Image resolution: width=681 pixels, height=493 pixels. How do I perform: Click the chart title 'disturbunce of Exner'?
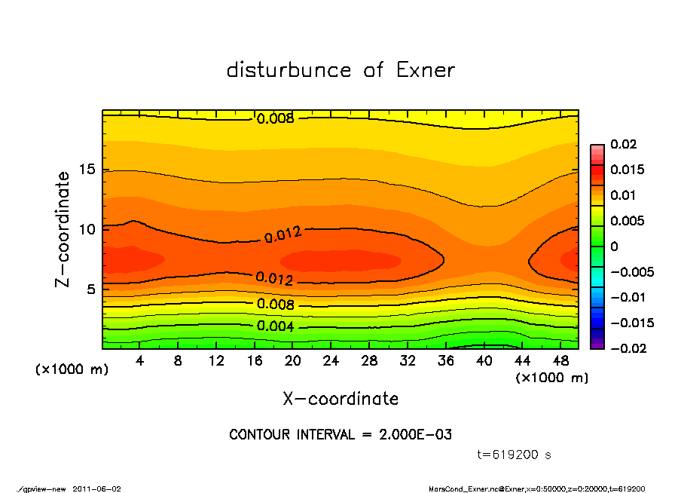pyautogui.click(x=340, y=70)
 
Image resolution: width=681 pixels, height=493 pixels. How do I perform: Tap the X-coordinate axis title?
pyautogui.click(x=340, y=399)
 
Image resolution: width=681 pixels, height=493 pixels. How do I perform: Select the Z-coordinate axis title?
pyautogui.click(x=63, y=229)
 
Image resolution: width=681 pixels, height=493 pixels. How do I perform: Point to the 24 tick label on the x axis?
pyautogui.click(x=331, y=361)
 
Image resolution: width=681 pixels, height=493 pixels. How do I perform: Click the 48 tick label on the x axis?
pyautogui.click(x=561, y=361)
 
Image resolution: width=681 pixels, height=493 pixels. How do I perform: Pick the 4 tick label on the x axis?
pyautogui.click(x=140, y=361)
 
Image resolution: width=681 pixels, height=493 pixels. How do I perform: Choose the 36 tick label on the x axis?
pyautogui.click(x=446, y=361)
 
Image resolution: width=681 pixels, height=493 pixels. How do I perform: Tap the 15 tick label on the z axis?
pyautogui.click(x=88, y=170)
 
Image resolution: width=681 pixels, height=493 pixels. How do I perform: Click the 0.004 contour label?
pyautogui.click(x=275, y=327)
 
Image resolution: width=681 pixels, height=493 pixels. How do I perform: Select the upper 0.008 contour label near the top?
pyautogui.click(x=276, y=119)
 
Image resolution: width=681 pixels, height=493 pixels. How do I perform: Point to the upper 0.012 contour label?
pyautogui.click(x=283, y=236)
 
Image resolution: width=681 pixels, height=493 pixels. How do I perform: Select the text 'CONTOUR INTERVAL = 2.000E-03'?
pyautogui.click(x=340, y=435)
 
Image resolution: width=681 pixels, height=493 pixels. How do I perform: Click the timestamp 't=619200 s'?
pyautogui.click(x=515, y=455)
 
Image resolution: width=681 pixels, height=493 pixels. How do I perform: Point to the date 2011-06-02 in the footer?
pyautogui.click(x=96, y=488)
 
